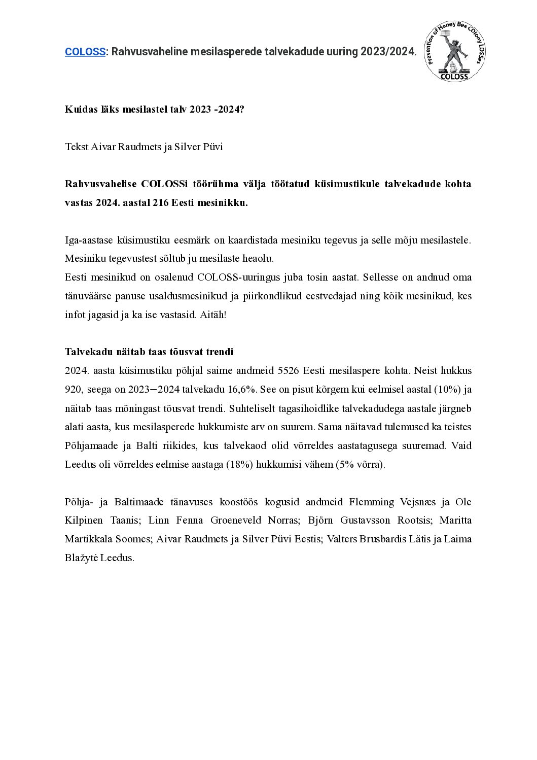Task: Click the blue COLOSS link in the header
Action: [85, 51]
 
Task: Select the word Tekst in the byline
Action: [76, 147]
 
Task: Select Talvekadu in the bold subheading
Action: [86, 352]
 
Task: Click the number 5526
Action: [289, 371]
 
